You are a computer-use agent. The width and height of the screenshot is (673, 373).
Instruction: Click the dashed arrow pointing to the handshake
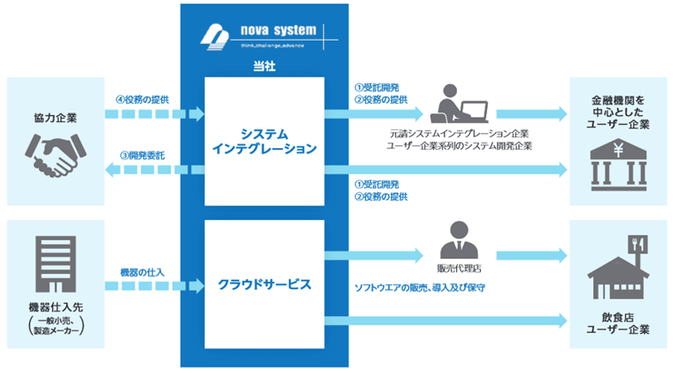point(147,171)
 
